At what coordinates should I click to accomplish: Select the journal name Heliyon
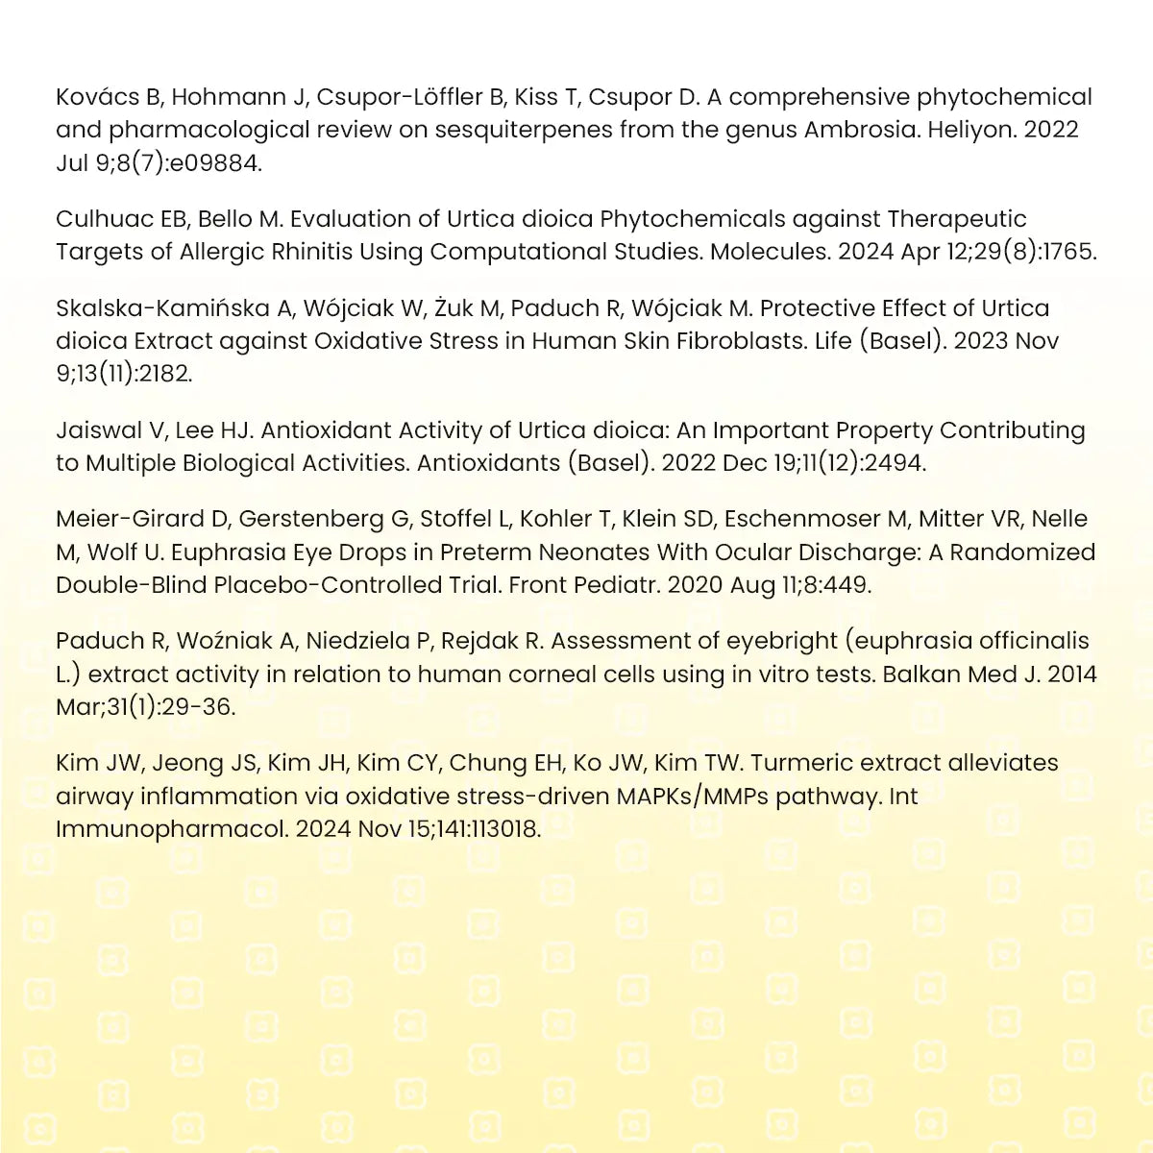[x=969, y=130]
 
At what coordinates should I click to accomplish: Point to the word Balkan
[x=922, y=675]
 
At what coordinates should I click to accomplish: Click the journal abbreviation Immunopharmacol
[x=171, y=829]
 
